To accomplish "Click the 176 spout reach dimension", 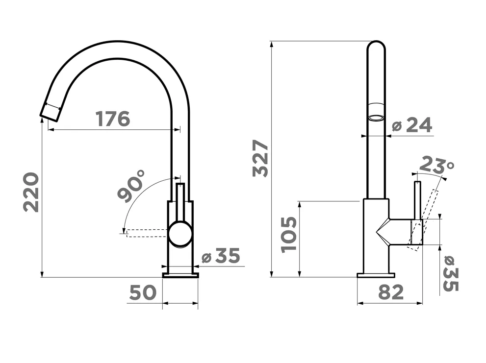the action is pyautogui.click(x=113, y=119).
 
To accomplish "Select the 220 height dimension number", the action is pyautogui.click(x=31, y=193).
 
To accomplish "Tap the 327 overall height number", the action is pyautogui.click(x=260, y=159).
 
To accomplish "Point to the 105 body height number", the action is pyautogui.click(x=289, y=235).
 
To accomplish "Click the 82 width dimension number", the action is pyautogui.click(x=391, y=292).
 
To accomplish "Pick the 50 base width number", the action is pyautogui.click(x=143, y=292).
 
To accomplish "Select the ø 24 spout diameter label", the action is pyautogui.click(x=411, y=125).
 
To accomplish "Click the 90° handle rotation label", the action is pyautogui.click(x=131, y=186).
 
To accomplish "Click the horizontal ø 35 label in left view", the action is pyautogui.click(x=220, y=256).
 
